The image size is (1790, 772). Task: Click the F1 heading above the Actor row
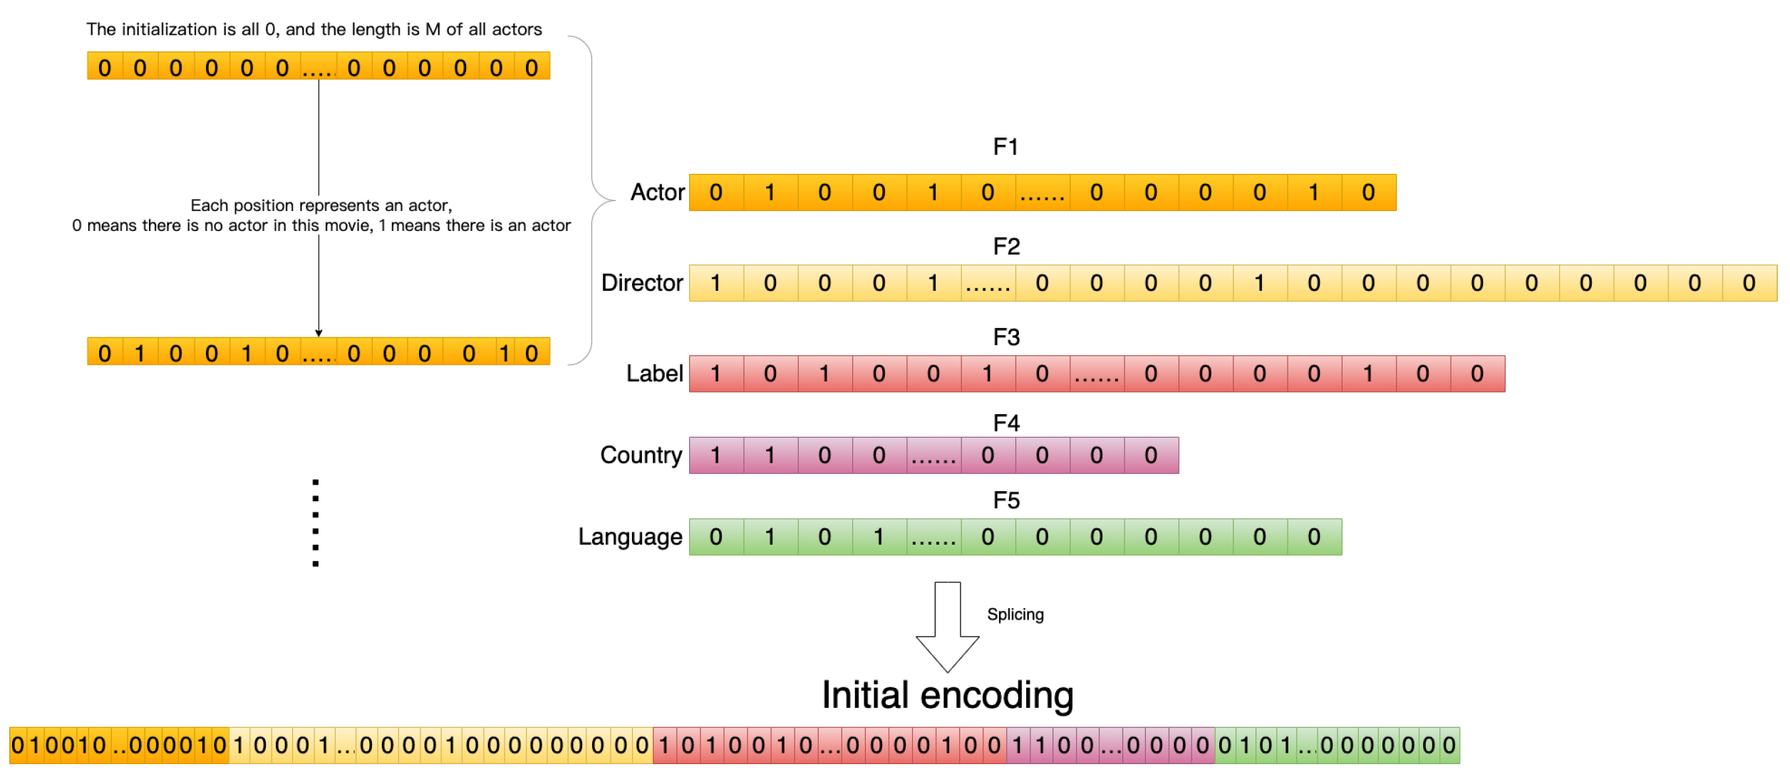pos(1005,147)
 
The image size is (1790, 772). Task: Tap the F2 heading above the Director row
pos(1006,247)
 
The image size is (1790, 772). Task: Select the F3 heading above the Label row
pos(1006,337)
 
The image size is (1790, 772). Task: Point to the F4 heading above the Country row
pos(1006,423)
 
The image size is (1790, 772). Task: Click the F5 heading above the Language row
pos(1006,500)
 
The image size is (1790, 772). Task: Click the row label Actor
pos(657,192)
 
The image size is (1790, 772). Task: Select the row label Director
pos(642,283)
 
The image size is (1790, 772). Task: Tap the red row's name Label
pos(654,374)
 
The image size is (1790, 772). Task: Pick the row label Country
pos(641,455)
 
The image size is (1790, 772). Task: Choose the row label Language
pos(630,537)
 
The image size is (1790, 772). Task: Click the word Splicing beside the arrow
pos(1015,614)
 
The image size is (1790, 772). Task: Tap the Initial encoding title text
pos(947,695)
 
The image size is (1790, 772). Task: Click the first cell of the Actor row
pos(716,192)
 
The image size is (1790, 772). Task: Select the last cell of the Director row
pos(1749,283)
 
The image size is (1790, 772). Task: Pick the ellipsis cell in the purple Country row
pos(933,456)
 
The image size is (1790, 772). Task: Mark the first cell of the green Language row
pos(716,537)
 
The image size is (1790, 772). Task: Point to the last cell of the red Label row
pos(1477,374)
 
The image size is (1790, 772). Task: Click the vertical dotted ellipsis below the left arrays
pos(316,523)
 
